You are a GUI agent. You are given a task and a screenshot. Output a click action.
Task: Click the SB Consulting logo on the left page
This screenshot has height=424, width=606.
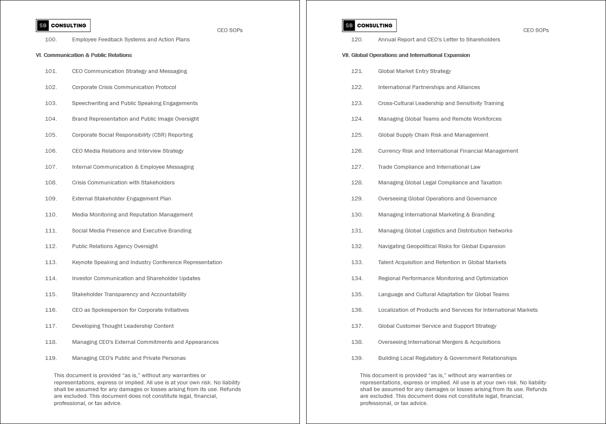tap(63, 25)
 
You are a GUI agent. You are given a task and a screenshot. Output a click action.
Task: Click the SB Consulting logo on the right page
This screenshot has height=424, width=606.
tap(369, 25)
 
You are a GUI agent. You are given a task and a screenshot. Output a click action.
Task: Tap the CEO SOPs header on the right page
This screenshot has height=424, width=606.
tap(536, 30)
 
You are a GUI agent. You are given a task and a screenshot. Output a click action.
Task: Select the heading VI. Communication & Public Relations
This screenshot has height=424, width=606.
tap(83, 55)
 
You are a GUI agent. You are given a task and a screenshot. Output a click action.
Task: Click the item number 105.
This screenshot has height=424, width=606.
tap(51, 135)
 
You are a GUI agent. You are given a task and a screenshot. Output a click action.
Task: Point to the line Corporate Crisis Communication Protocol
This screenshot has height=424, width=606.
tap(124, 87)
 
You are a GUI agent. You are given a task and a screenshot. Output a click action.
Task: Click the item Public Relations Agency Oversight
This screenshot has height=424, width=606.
tap(115, 246)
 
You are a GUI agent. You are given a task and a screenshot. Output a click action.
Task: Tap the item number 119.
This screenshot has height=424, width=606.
tap(51, 358)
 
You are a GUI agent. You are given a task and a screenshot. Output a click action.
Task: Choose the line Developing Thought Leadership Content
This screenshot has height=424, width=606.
tap(123, 326)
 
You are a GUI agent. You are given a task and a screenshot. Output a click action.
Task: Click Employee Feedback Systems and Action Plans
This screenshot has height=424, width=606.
tap(131, 40)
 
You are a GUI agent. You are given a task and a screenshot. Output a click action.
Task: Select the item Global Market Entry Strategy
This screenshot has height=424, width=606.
tap(415, 71)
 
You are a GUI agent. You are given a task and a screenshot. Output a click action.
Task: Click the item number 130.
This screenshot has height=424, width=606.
tap(357, 215)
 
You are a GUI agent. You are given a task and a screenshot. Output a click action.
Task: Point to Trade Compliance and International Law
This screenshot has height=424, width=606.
tap(429, 167)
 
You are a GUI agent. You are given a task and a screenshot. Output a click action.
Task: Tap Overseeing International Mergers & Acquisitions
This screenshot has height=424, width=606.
tap(439, 342)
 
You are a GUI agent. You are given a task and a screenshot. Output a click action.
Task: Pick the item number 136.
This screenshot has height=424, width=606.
tap(357, 310)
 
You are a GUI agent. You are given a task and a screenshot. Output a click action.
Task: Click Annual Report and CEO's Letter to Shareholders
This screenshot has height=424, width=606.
tap(439, 40)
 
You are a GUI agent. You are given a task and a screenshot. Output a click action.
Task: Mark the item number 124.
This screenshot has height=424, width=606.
tap(357, 119)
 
